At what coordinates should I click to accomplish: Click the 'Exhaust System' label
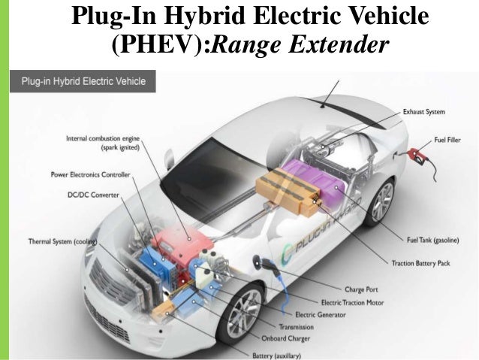[424, 112]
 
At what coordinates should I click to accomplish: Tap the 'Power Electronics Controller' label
[91, 174]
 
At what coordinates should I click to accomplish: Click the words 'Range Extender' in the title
[302, 46]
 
